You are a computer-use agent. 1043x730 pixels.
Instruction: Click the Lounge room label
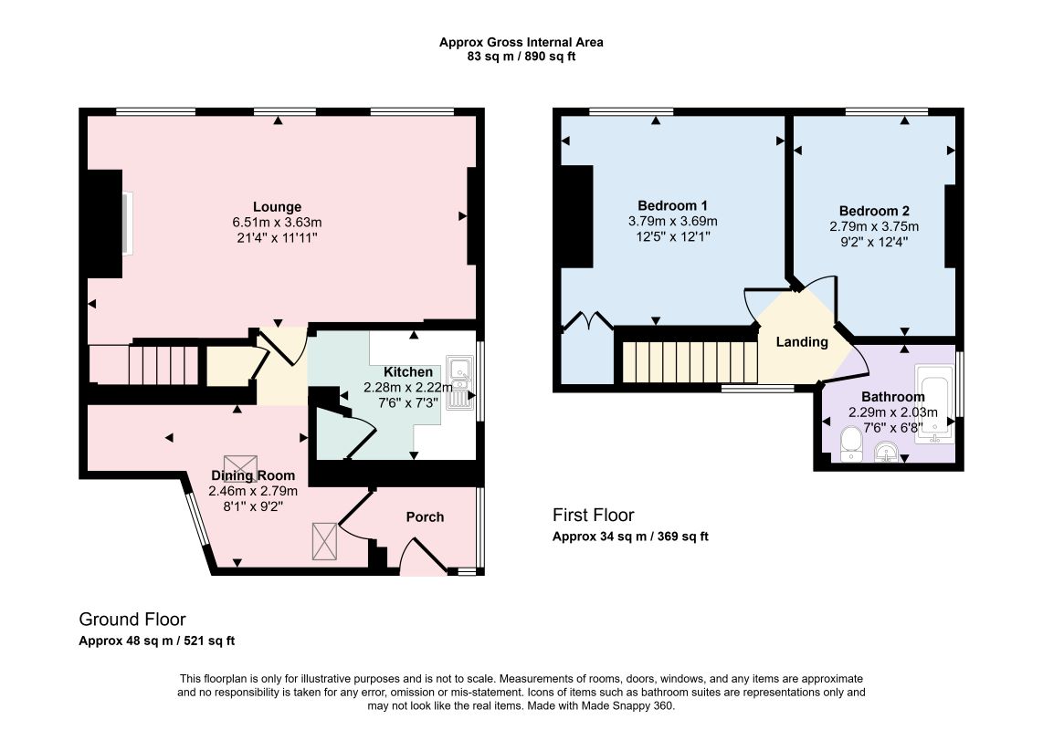[277, 207]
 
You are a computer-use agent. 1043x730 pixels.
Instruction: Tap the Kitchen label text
[407, 371]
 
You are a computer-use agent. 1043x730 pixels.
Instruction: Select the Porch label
[425, 516]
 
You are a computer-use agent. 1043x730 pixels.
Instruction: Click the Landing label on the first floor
[802, 341]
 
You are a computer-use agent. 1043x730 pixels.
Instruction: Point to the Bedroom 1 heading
[672, 205]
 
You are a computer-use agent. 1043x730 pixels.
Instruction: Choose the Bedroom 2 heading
[874, 211]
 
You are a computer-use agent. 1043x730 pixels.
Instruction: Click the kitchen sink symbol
[460, 382]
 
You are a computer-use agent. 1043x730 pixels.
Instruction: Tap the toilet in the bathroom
[851, 444]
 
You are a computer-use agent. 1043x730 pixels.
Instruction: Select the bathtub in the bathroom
[935, 403]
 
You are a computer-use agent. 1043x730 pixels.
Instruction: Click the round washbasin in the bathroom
[885, 452]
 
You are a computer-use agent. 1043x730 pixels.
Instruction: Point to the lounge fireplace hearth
[128, 224]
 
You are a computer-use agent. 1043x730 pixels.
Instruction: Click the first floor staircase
[690, 362]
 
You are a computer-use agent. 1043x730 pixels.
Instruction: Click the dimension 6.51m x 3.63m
[277, 222]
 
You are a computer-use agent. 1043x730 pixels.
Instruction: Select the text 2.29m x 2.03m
[892, 412]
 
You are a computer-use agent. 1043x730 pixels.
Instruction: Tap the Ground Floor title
[132, 620]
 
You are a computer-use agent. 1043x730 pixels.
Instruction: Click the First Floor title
[594, 516]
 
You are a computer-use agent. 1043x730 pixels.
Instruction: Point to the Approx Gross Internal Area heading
[521, 43]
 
